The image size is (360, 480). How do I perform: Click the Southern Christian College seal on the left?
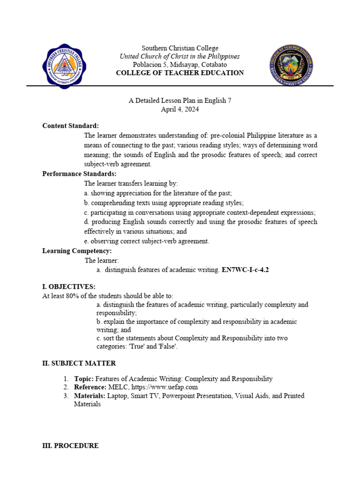(x=65, y=65)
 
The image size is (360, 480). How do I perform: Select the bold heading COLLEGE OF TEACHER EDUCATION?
(x=180, y=73)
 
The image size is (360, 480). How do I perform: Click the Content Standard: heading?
(x=70, y=126)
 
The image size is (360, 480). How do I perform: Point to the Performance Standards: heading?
(x=79, y=173)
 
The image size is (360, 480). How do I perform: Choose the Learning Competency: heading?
(x=77, y=251)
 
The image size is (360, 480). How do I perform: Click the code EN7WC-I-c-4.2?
(x=245, y=270)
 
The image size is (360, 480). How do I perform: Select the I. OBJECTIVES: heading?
(x=69, y=286)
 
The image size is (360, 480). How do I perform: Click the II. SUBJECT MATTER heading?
(x=79, y=363)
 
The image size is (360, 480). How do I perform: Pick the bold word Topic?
(x=84, y=379)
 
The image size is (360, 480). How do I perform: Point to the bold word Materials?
(x=90, y=396)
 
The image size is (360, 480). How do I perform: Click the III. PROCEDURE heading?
(x=70, y=446)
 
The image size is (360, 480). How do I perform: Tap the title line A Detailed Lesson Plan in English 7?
(x=180, y=100)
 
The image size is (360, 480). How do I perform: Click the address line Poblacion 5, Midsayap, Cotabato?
(x=180, y=64)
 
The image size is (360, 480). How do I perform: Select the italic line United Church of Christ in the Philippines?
(x=180, y=56)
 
